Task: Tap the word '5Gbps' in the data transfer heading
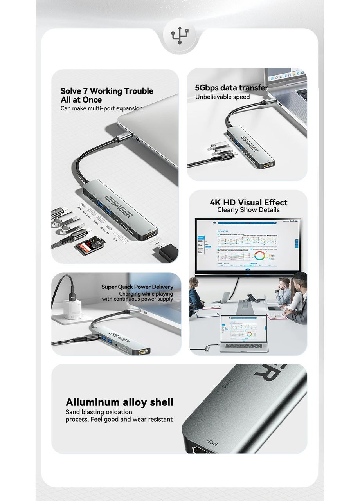click(x=207, y=88)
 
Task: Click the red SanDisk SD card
click(x=84, y=247)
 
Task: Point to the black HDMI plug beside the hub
click(x=166, y=252)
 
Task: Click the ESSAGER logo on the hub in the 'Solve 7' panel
click(x=119, y=205)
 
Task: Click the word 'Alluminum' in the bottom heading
click(x=92, y=402)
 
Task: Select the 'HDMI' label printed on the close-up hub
click(x=212, y=443)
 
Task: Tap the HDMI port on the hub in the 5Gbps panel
click(x=268, y=165)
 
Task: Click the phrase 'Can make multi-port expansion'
click(x=101, y=108)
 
